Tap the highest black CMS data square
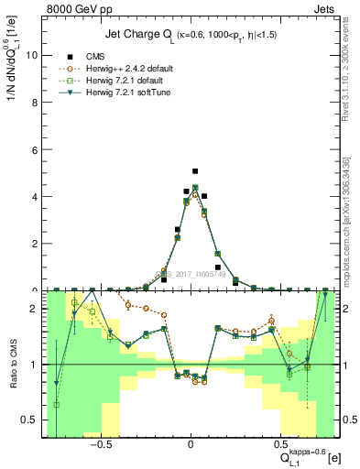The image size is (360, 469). tap(195, 171)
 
